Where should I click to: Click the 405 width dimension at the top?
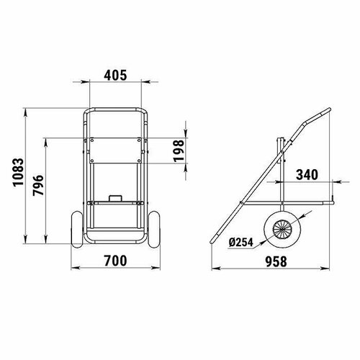click(115, 73)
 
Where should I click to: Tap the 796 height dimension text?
click(40, 188)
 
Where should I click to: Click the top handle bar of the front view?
click(115, 110)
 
